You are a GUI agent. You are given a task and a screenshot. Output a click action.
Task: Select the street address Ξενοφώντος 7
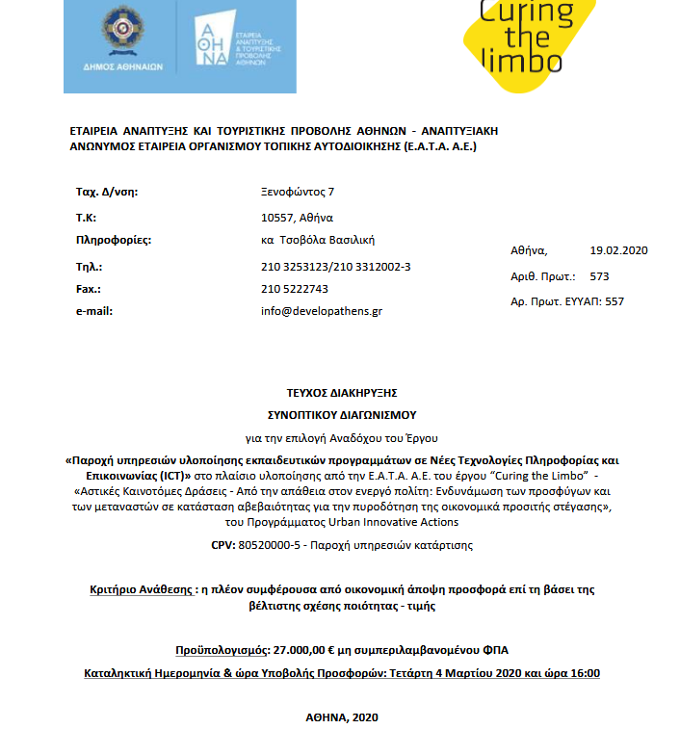(298, 192)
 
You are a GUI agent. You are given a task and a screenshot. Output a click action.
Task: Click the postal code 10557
(277, 217)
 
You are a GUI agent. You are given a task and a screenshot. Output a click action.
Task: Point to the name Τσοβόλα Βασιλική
(329, 240)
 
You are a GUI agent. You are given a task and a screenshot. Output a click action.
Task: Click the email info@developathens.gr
(322, 311)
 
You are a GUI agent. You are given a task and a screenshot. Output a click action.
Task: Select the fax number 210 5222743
(295, 288)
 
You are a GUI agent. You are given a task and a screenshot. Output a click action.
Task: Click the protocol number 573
(599, 276)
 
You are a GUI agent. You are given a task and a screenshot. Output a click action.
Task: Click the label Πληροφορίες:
(114, 240)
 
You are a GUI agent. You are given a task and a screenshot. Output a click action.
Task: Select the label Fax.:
(89, 288)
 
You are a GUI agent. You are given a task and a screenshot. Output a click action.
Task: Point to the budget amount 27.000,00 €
(306, 649)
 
